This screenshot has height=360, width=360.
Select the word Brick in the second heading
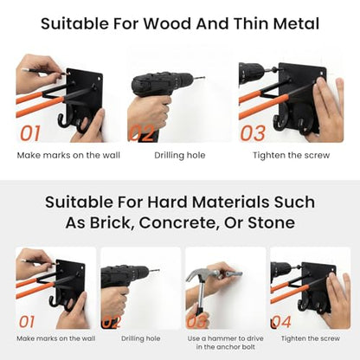click(x=112, y=222)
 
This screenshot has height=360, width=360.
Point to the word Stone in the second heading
click(x=272, y=222)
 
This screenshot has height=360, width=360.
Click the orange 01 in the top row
click(x=29, y=133)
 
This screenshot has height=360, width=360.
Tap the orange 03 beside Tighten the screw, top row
click(x=253, y=133)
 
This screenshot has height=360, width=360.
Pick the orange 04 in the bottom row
click(x=281, y=322)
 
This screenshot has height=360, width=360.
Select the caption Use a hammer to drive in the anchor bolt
click(x=225, y=343)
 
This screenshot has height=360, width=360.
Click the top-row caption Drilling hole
click(x=180, y=155)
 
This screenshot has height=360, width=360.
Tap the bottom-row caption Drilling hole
click(x=141, y=338)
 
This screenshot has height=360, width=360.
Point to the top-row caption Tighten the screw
click(x=292, y=155)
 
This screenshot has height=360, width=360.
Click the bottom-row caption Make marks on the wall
click(x=56, y=338)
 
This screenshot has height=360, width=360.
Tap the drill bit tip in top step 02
click(x=204, y=77)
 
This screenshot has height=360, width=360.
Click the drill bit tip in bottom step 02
click(x=158, y=270)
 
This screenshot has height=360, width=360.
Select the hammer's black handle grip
click(x=200, y=313)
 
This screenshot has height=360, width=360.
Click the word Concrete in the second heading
click(x=178, y=222)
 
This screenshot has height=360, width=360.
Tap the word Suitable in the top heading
click(x=74, y=23)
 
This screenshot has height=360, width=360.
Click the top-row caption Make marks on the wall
click(x=68, y=155)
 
